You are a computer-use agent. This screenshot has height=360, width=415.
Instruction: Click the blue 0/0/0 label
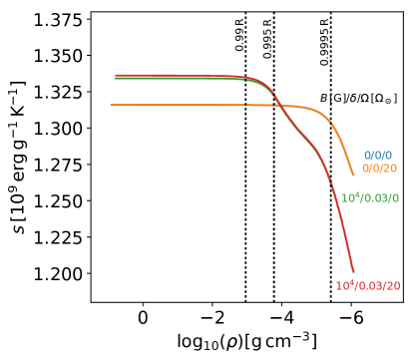[377, 156]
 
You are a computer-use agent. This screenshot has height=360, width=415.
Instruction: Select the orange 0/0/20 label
[379, 169]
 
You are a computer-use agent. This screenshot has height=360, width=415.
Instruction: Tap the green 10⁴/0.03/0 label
[369, 198]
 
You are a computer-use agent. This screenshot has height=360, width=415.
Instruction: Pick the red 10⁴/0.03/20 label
[367, 286]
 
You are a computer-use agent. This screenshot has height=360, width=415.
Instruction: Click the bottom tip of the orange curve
[353, 175]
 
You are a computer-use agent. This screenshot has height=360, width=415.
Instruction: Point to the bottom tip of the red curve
[353, 271]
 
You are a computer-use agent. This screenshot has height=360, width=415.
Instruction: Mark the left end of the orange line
[111, 105]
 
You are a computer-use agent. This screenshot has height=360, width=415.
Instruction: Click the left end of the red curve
[116, 75]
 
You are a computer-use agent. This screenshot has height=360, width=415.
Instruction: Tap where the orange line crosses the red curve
[277, 105]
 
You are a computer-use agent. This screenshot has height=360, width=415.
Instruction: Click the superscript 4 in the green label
[356, 194]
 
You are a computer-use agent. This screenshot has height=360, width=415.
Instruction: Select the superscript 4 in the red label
[351, 282]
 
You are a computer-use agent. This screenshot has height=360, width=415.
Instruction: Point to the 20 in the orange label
[390, 169]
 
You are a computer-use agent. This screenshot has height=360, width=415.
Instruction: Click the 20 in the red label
[393, 286]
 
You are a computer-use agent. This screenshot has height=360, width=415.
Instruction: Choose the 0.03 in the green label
[375, 198]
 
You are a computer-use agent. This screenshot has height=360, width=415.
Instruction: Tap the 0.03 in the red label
[369, 286]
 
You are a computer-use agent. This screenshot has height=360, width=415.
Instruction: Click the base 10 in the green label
[346, 198]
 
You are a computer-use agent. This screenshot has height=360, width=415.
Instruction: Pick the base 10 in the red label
[341, 286]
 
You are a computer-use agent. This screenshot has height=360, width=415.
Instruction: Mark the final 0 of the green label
[395, 198]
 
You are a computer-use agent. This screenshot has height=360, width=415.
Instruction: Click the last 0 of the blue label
[388, 156]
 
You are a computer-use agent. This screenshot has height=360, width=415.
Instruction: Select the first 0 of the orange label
[365, 169]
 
